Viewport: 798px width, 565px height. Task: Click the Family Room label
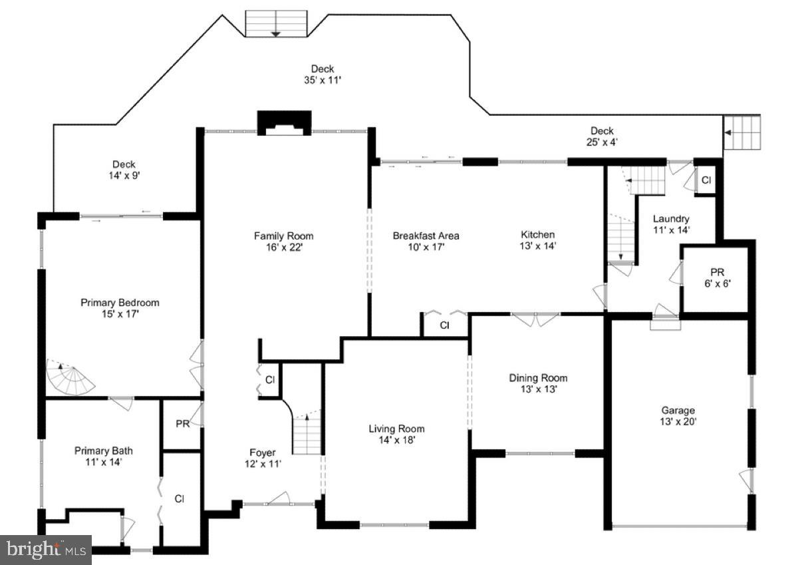pos(283,242)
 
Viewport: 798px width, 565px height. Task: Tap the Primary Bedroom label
pos(120,307)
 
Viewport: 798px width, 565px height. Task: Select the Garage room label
pos(678,416)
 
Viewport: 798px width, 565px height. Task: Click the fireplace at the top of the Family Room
pos(284,123)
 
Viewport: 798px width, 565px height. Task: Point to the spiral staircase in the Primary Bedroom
pos(68,377)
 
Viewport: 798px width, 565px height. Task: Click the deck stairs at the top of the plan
pos(276,24)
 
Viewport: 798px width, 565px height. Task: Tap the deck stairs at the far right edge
pos(741,132)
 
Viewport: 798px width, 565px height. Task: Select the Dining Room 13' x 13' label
pos(538,383)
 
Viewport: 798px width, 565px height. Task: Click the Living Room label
pos(396,434)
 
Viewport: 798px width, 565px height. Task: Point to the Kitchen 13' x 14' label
pos(537,240)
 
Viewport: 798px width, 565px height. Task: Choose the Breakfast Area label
pos(426,241)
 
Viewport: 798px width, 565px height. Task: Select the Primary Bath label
pos(98,456)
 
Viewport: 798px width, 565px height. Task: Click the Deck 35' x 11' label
pos(323,75)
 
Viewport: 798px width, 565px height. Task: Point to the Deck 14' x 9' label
pos(124,170)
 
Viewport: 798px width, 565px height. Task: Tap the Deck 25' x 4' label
pos(602,136)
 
